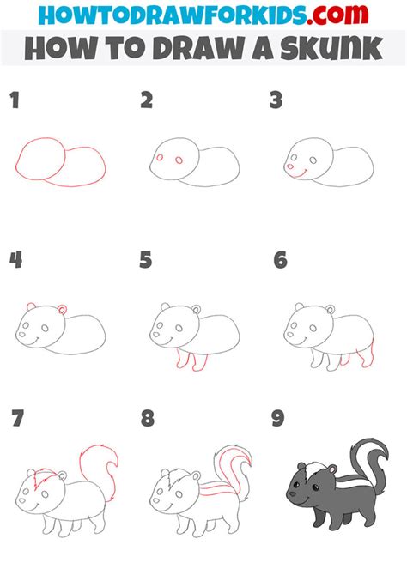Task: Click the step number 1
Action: (x=15, y=100)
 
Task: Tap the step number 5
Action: (x=146, y=260)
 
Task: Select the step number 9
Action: (x=278, y=418)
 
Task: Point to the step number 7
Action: (x=17, y=418)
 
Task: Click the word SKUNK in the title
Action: (x=331, y=48)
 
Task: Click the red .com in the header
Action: (x=337, y=14)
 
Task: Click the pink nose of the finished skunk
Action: (x=293, y=493)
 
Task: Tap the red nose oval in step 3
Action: (x=290, y=166)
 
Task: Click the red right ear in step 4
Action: (x=63, y=309)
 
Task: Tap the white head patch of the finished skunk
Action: (x=313, y=469)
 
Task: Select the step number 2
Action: (x=147, y=100)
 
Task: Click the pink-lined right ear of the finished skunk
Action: (x=332, y=469)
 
